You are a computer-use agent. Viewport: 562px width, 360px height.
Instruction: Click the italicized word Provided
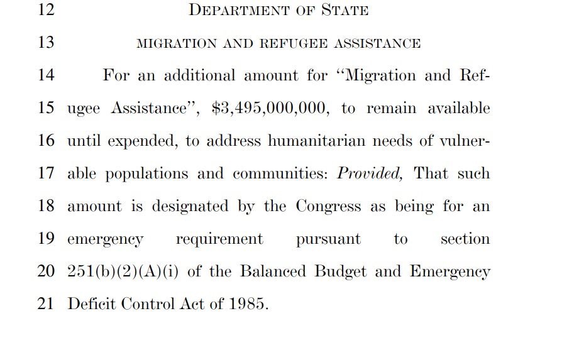(370, 173)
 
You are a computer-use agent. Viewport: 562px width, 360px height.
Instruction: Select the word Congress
(328, 206)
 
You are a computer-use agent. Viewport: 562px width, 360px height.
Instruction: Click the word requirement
(219, 239)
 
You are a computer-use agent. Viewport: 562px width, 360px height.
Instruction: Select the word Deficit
(91, 304)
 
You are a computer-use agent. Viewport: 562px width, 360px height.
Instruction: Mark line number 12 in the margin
(47, 11)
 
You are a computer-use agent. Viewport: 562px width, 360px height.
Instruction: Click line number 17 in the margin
(47, 173)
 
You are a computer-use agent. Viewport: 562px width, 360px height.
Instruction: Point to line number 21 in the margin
(47, 304)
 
